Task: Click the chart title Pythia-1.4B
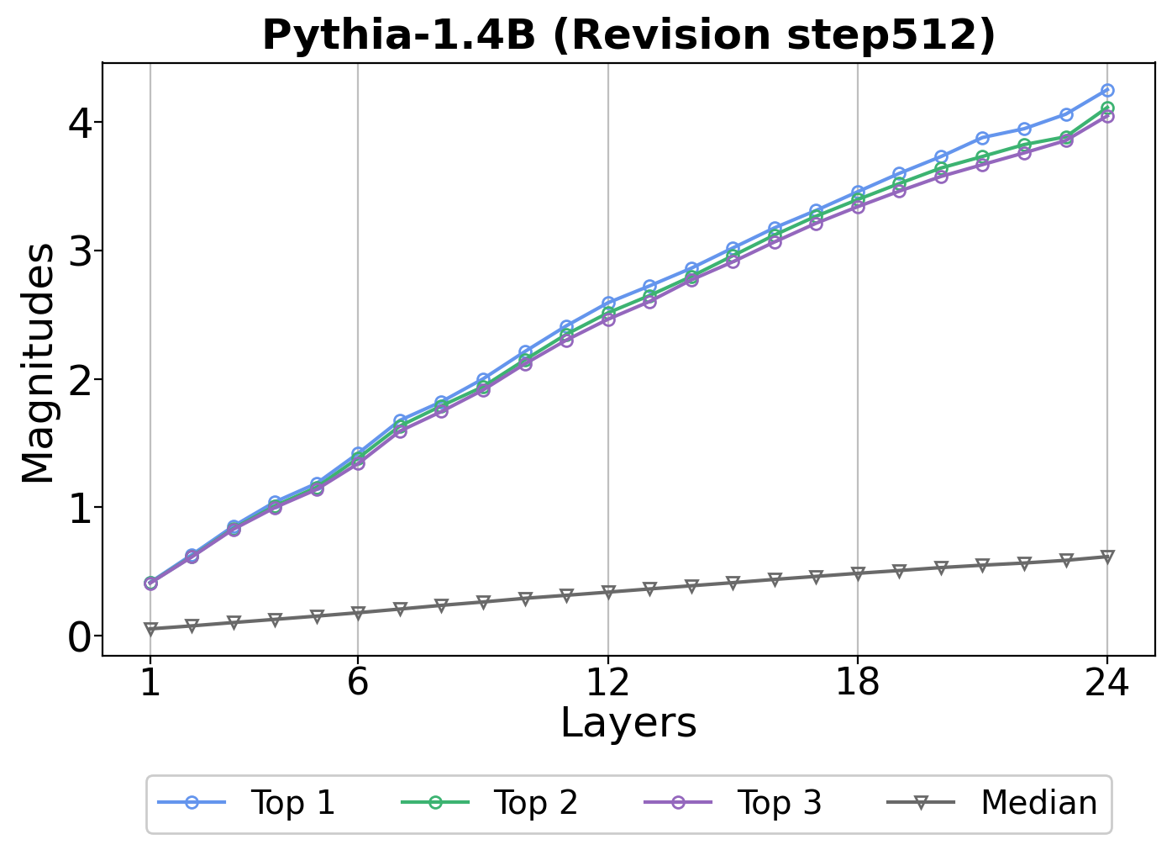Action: [x=628, y=36]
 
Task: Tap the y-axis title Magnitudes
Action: [x=39, y=363]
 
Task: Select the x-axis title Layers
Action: [x=628, y=723]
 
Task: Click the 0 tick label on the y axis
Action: [x=81, y=637]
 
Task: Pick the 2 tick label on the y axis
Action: [x=81, y=380]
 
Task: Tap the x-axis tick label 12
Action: [x=607, y=683]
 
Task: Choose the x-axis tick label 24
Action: [x=1106, y=683]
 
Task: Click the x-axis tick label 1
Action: [x=150, y=683]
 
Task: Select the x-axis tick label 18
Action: [x=857, y=683]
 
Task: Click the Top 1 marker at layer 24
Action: [x=1107, y=90]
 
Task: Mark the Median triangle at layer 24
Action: [x=1107, y=557]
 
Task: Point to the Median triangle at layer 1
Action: [x=150, y=629]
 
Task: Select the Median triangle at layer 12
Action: [x=607, y=592]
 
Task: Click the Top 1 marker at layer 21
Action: [x=982, y=138]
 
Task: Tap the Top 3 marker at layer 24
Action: [x=1107, y=116]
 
